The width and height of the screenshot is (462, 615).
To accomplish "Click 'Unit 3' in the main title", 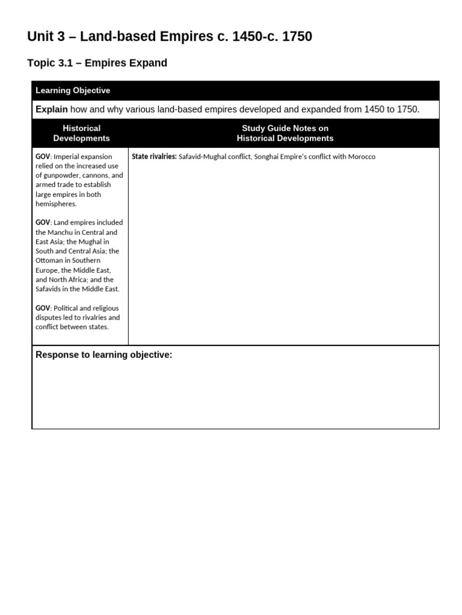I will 47,37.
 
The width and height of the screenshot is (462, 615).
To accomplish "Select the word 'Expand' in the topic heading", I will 147,63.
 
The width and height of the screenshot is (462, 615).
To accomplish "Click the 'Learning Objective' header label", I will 73,91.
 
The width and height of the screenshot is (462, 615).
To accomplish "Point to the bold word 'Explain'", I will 52,109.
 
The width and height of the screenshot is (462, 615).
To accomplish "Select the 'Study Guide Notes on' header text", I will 285,128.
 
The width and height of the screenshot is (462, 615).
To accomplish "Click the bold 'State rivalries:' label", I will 154,157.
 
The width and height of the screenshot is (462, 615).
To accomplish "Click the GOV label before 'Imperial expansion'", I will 43,157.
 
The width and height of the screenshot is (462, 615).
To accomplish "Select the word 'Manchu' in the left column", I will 60,232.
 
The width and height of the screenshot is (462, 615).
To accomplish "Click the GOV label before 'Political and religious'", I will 43,308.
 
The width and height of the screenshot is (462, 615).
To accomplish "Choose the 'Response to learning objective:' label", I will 103,355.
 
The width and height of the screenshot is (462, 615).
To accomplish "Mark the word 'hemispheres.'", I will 55,204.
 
